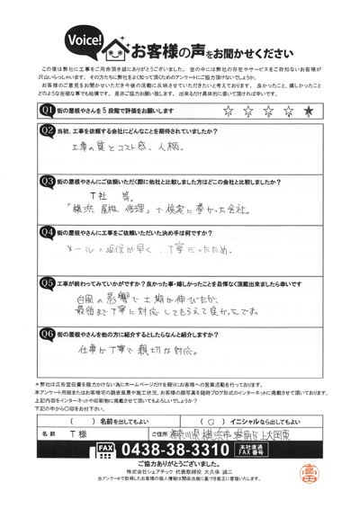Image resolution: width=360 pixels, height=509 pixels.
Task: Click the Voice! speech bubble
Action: (x=84, y=40)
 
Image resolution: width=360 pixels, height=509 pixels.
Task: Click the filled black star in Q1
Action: (x=309, y=111)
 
